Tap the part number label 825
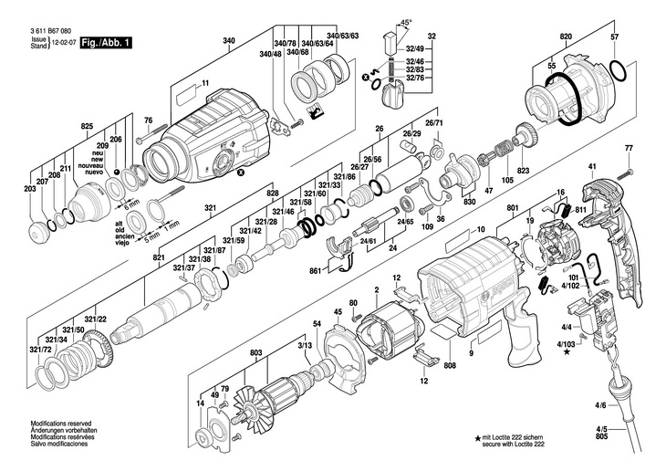click(88, 125)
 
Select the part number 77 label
click(629, 148)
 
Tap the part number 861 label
click(315, 272)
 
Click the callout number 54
click(317, 324)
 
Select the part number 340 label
click(229, 40)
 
